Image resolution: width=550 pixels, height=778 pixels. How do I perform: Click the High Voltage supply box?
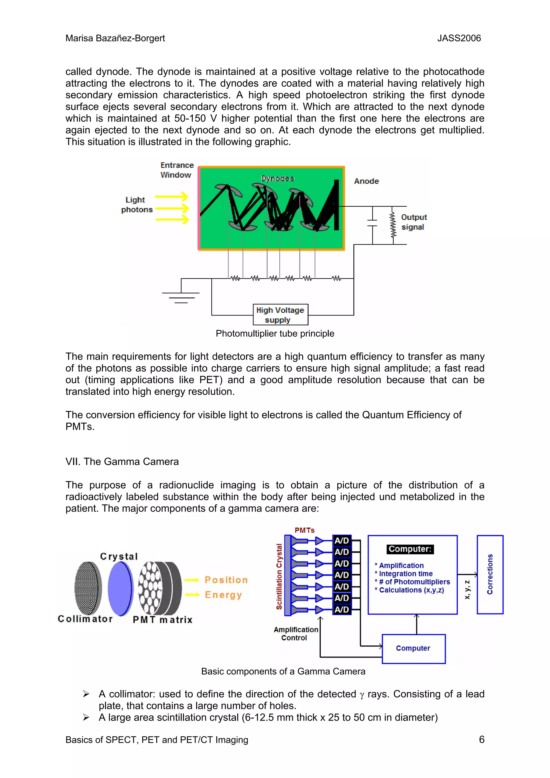(x=280, y=315)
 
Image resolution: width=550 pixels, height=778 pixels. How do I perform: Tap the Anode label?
(x=366, y=181)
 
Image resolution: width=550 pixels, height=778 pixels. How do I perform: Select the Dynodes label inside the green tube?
(x=277, y=178)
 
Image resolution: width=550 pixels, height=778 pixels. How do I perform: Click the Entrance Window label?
(x=176, y=170)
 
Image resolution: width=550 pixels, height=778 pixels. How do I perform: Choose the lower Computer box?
(x=413, y=648)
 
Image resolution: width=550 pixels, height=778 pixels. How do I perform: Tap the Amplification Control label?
(x=295, y=634)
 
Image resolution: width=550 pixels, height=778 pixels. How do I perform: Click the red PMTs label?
(x=304, y=530)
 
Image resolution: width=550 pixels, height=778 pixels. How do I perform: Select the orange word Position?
(x=226, y=580)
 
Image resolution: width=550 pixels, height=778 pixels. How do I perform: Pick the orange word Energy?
(x=223, y=595)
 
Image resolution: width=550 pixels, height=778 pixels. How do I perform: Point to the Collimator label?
(x=85, y=619)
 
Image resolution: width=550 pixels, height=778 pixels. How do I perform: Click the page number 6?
(x=482, y=739)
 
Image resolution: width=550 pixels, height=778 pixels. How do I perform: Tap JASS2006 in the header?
(x=459, y=38)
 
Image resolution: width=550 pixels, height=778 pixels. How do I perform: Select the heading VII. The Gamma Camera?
(x=122, y=461)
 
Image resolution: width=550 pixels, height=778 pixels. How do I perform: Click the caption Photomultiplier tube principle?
(x=275, y=333)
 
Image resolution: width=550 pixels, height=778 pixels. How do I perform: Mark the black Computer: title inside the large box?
(x=410, y=549)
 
